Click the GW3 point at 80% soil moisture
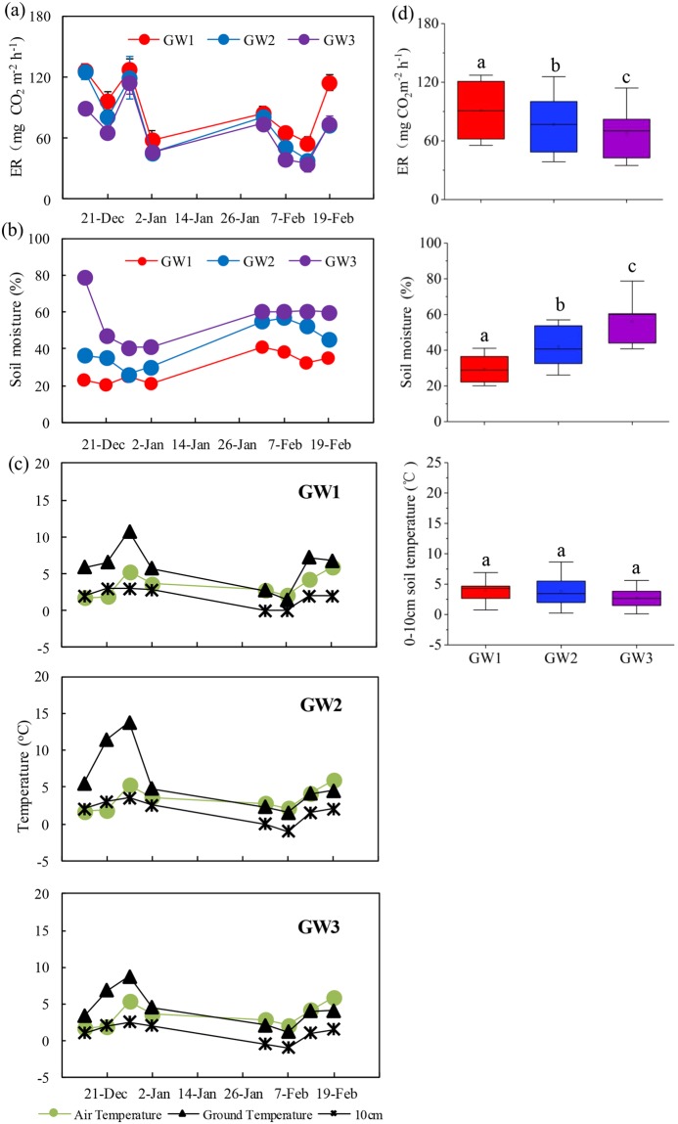(x=85, y=278)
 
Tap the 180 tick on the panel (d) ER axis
(x=424, y=23)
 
